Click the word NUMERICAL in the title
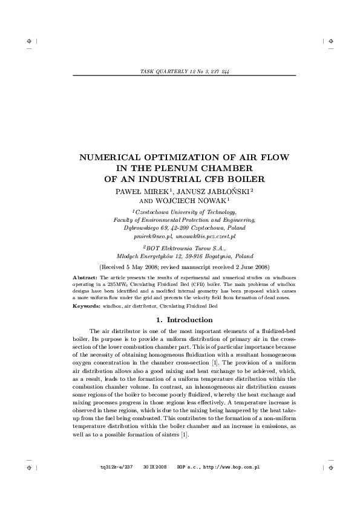pyautogui.click(x=113, y=157)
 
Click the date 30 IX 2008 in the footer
pyautogui.click(x=154, y=468)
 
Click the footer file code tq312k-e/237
pyautogui.click(x=116, y=468)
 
